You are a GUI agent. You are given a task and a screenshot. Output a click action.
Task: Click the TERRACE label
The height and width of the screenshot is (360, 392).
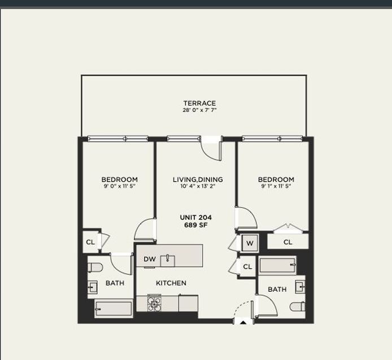point(199,103)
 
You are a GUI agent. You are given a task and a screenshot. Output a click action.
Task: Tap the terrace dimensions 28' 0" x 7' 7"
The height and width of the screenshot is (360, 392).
point(199,110)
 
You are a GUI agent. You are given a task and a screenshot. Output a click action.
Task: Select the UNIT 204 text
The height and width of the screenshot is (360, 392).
point(196,217)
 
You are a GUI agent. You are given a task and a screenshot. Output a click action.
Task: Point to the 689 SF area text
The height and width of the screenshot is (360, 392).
point(196,225)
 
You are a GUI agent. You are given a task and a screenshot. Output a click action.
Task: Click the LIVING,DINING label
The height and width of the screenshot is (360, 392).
point(198,179)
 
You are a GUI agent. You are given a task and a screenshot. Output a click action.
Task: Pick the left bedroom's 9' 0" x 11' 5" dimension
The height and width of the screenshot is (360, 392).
point(120,186)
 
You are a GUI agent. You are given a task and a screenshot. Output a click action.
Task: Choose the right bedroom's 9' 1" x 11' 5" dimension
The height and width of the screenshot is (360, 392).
point(276,186)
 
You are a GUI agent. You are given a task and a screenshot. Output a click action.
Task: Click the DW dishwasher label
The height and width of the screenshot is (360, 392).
point(150,259)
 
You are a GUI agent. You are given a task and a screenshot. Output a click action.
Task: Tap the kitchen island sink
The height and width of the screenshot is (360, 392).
point(168,261)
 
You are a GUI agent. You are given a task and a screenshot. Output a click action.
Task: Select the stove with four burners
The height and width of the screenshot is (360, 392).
point(154,303)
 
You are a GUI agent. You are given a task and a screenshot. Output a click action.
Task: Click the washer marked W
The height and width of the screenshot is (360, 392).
point(250,243)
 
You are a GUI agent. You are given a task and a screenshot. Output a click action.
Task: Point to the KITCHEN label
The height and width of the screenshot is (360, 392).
point(171,283)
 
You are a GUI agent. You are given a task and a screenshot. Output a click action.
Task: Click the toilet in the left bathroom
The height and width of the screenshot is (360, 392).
point(95,268)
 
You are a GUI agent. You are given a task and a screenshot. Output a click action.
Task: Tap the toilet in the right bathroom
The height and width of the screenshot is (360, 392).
point(298,306)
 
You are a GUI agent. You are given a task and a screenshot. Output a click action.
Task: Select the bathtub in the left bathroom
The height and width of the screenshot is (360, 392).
point(114,309)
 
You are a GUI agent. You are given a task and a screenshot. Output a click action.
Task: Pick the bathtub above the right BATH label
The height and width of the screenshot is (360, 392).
point(277,265)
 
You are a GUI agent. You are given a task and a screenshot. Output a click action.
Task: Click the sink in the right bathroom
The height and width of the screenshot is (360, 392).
point(300,287)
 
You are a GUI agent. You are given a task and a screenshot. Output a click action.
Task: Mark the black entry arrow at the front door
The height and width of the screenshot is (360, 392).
point(243,322)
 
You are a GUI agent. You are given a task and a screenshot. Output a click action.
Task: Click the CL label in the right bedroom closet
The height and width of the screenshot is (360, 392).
point(288,242)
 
